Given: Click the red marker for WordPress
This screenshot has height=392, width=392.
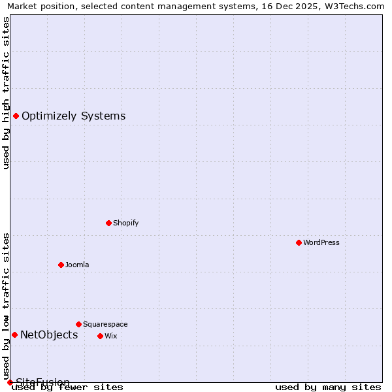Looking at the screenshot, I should tap(299, 242).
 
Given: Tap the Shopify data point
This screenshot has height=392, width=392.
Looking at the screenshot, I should tap(108, 223).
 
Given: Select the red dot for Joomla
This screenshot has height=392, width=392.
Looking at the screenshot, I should tap(61, 265).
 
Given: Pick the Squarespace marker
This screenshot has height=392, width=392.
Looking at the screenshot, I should tap(78, 324).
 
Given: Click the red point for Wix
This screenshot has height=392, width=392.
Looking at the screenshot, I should tap(100, 336).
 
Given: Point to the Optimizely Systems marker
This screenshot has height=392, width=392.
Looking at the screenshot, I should tap(16, 116).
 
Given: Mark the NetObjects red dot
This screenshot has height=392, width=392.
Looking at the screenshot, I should tap(14, 335).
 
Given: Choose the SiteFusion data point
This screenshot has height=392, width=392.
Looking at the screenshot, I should tap(10, 382).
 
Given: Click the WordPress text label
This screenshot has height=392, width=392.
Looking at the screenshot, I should tap(321, 242).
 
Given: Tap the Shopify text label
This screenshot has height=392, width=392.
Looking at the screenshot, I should tap(126, 223).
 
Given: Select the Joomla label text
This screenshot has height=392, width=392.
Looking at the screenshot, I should tap(77, 265).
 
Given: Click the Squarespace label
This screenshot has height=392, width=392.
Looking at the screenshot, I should tap(105, 324).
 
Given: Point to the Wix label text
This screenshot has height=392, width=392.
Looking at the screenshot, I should tap(110, 336).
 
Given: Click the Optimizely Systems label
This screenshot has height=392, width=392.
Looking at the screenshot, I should tap(74, 116).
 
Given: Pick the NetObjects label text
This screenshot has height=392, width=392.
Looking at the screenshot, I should tap(49, 335).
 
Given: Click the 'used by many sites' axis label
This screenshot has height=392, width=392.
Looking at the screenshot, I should tap(328, 387).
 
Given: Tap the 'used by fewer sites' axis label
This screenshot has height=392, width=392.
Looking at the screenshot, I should tap(68, 387).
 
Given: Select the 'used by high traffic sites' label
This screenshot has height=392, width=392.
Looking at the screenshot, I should tap(7, 93).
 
